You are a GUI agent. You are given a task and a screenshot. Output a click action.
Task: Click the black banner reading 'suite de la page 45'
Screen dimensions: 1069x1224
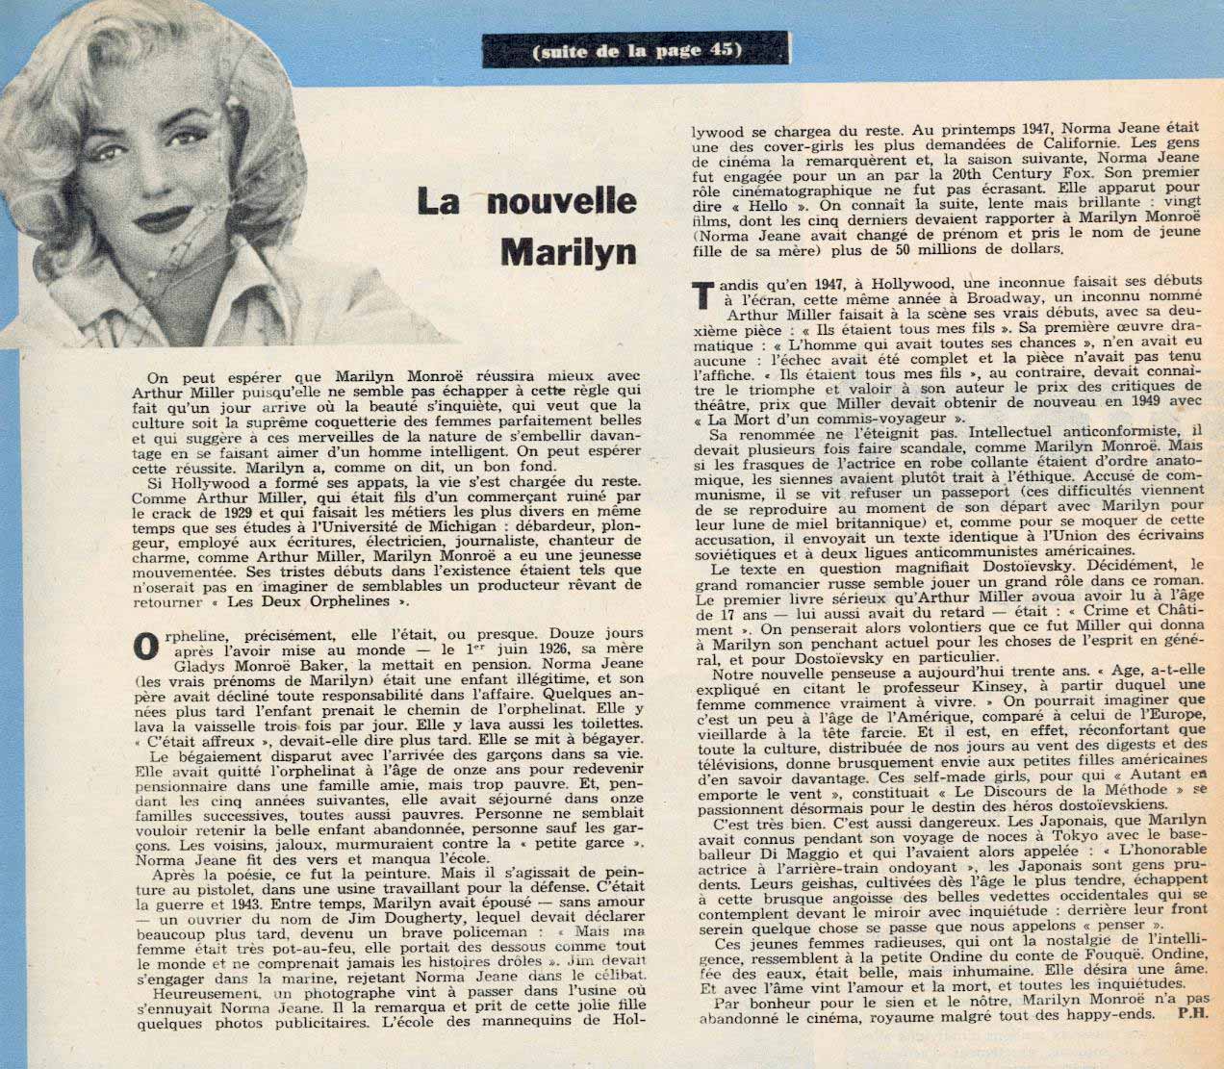point(637,50)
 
